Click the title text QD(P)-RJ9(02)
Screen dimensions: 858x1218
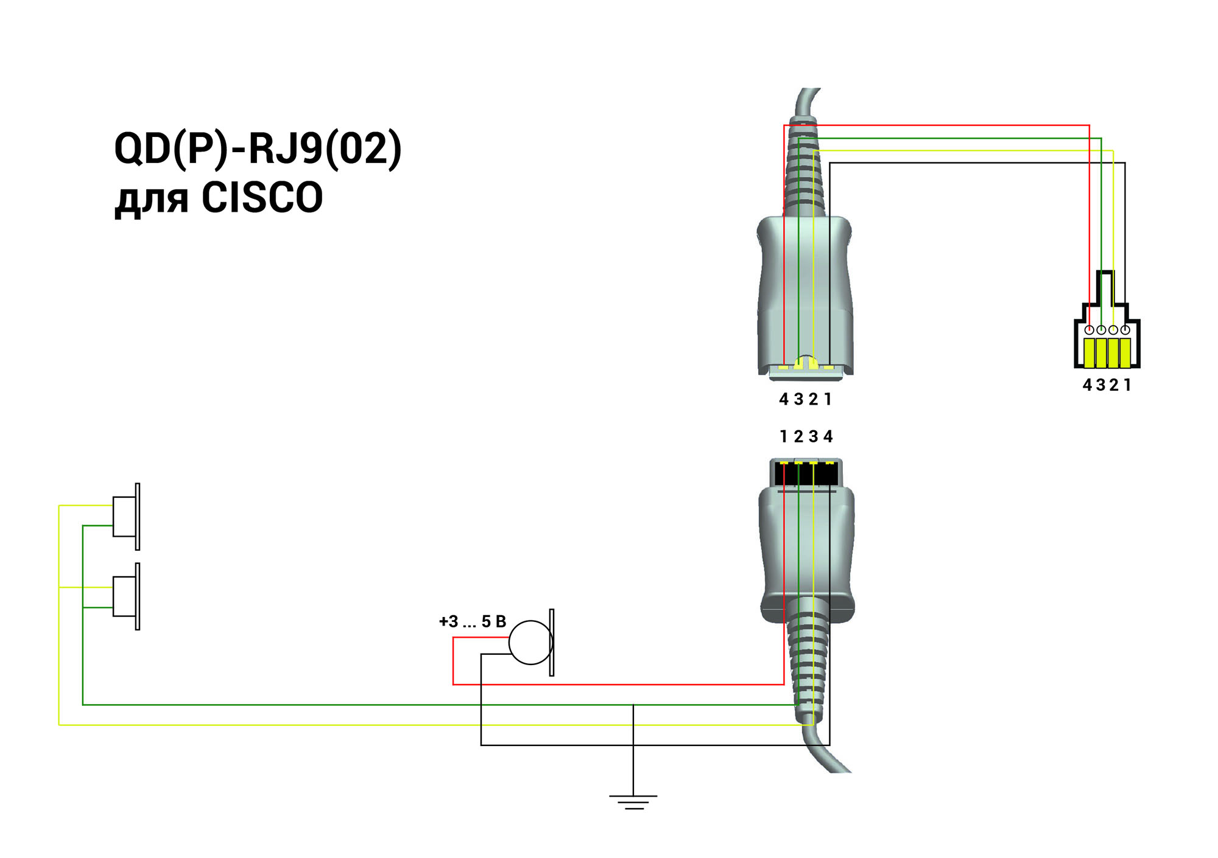(258, 148)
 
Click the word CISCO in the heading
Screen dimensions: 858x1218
(262, 198)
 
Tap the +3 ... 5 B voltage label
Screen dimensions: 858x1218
(472, 621)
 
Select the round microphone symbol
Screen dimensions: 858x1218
(530, 643)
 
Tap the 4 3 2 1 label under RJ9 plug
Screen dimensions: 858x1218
(1107, 385)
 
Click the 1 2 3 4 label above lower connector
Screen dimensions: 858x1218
(806, 436)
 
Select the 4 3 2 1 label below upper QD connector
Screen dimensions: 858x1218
(805, 399)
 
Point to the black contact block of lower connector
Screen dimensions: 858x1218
(806, 474)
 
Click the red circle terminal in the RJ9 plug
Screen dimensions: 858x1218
(1089, 330)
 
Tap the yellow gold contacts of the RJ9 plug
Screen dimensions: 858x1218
(1107, 353)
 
